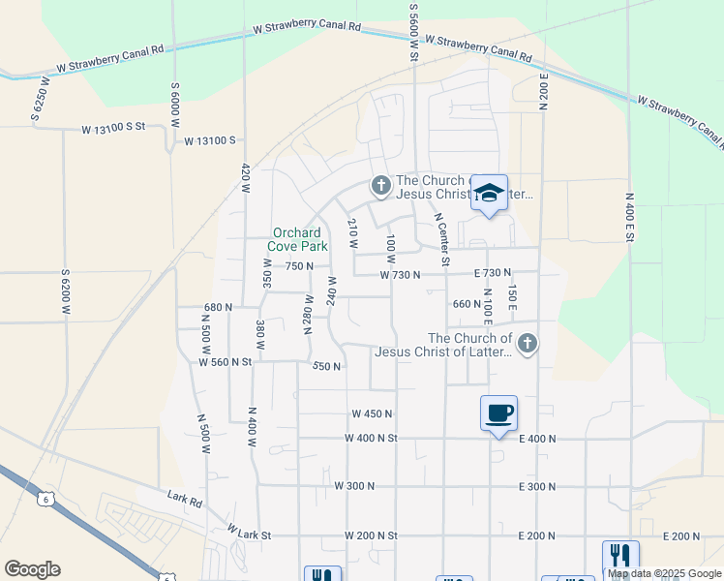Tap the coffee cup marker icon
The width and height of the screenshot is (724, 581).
(x=498, y=413)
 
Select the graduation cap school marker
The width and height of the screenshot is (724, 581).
(x=490, y=193)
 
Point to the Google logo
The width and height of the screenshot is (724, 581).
(x=32, y=569)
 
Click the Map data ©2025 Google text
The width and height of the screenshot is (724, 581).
(x=665, y=573)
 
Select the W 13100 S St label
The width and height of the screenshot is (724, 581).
(x=112, y=128)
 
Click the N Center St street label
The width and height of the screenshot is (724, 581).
(x=442, y=239)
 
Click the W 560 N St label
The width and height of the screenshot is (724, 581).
(x=225, y=361)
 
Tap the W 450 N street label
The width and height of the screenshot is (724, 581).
(x=372, y=413)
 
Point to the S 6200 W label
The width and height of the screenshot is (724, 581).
(x=66, y=293)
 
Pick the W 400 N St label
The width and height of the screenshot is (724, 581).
(x=371, y=438)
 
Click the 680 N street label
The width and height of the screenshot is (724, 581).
(x=219, y=307)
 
